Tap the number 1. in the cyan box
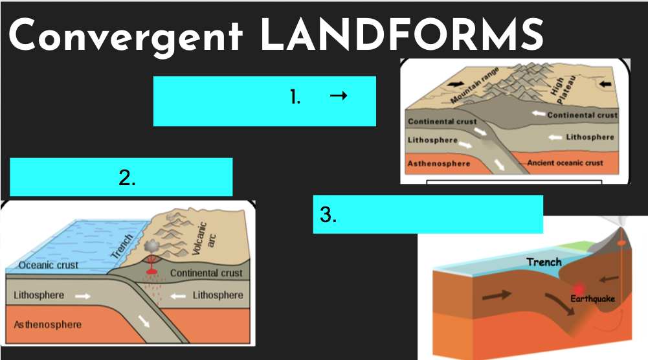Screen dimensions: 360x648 [x=295, y=98]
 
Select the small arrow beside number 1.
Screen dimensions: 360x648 [x=339, y=96]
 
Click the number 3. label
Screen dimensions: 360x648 [x=328, y=215]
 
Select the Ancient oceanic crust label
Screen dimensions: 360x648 [x=565, y=163]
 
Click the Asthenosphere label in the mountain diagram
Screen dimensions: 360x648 [x=439, y=163]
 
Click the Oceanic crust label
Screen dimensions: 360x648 [x=49, y=265]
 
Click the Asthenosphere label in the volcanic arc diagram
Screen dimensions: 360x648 [x=48, y=324]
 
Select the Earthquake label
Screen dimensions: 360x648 [x=592, y=298]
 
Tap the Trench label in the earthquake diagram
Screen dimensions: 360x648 [x=544, y=262]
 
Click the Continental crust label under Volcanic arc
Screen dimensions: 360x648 [x=206, y=273]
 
